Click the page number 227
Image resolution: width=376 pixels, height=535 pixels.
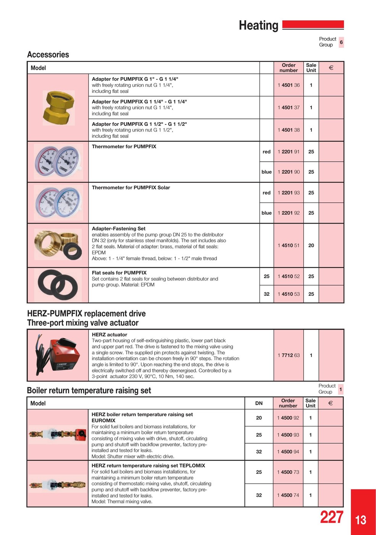(x=331, y=517)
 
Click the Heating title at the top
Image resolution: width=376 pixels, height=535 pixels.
(x=258, y=26)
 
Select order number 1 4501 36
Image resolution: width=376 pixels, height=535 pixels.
(x=289, y=85)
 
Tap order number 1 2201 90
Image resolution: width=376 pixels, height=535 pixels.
(x=289, y=172)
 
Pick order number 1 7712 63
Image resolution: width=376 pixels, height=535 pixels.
(x=289, y=355)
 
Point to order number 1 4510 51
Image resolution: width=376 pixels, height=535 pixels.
(x=289, y=245)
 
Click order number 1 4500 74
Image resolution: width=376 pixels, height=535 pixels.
(x=288, y=495)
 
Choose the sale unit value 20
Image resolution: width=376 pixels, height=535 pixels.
(x=311, y=245)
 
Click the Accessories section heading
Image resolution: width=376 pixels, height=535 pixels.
(x=48, y=55)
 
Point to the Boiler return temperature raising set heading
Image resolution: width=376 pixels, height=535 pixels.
(x=89, y=391)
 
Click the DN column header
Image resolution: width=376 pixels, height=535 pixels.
(x=259, y=403)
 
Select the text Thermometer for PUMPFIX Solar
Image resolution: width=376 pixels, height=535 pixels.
(x=131, y=188)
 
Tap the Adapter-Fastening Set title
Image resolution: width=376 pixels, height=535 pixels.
(x=119, y=229)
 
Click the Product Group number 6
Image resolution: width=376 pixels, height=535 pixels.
(x=341, y=42)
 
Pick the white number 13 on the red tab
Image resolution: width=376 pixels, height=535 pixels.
(x=361, y=520)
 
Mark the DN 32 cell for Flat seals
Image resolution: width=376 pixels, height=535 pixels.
(x=266, y=294)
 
